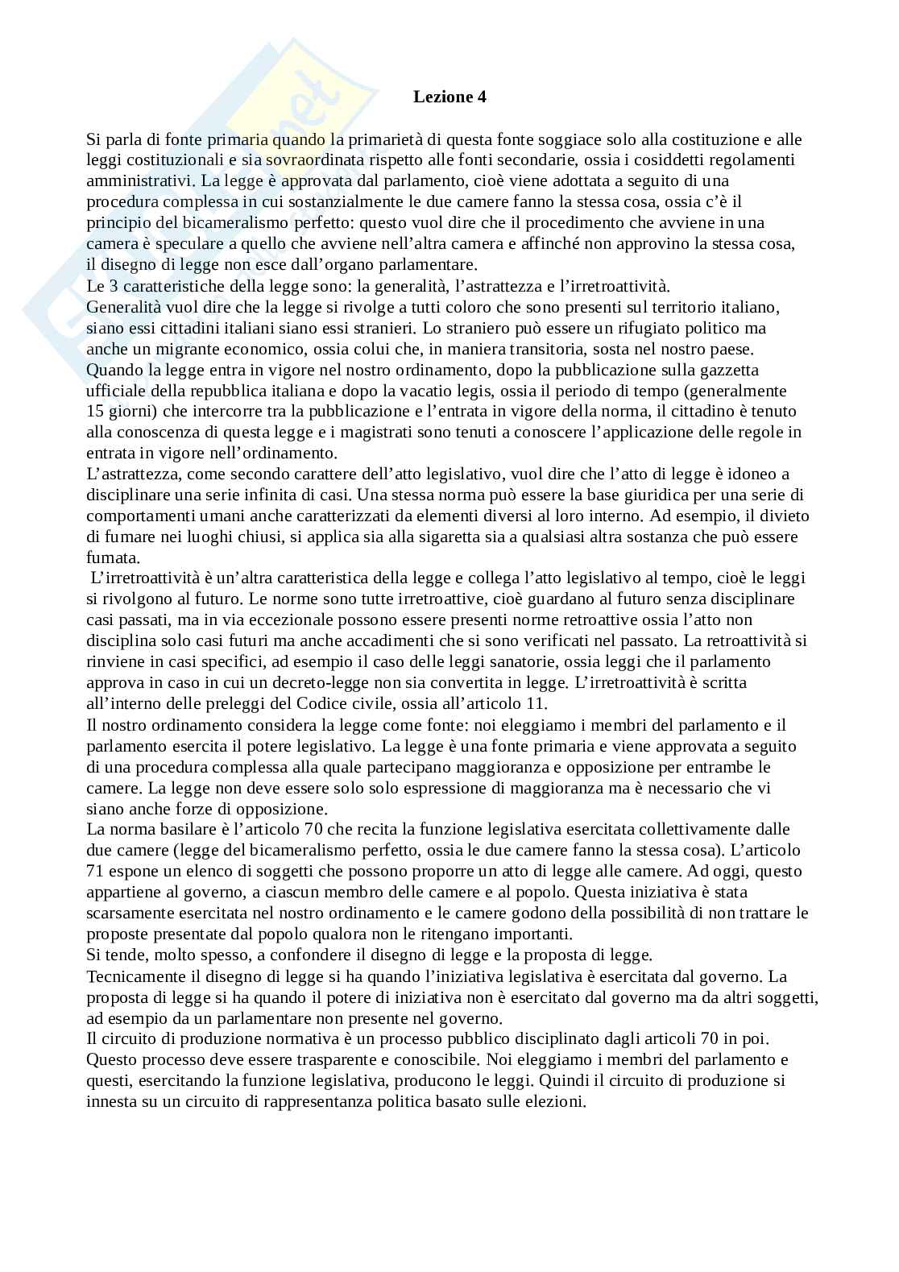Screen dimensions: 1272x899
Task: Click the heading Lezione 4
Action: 449,97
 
